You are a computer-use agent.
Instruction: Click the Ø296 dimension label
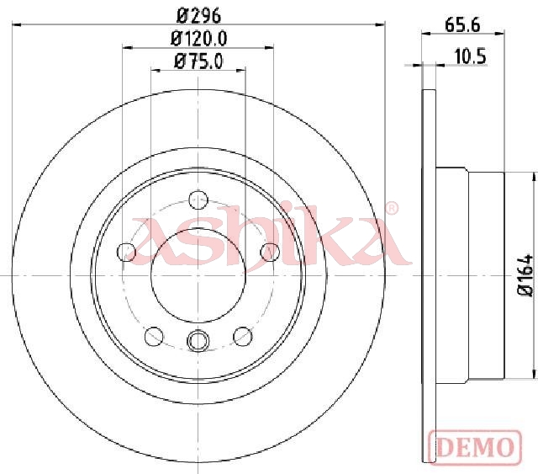198,15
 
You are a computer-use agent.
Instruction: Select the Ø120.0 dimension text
198,39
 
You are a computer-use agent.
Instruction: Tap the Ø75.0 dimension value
198,61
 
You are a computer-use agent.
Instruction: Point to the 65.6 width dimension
462,25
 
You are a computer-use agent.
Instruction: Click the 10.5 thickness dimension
471,56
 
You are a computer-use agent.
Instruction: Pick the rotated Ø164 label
525,275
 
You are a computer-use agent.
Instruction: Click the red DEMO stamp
475,447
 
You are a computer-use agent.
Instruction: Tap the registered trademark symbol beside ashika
392,208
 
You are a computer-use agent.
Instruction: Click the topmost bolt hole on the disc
198,200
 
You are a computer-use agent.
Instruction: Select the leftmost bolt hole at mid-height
127,252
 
